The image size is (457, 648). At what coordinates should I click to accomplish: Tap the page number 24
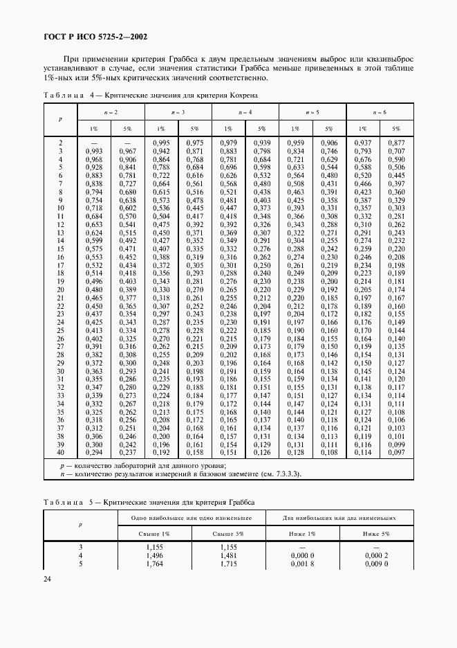[48, 579]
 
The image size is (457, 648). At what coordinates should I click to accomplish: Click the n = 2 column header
[111, 111]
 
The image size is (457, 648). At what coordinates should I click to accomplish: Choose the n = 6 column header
[380, 111]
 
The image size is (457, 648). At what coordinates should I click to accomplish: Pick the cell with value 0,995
[160, 143]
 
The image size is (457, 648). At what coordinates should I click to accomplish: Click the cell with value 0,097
[396, 452]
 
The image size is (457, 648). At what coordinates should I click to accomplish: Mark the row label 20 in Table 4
[61, 289]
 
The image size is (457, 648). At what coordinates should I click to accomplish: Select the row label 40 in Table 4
[61, 452]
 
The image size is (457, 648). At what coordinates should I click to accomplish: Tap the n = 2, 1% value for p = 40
[93, 452]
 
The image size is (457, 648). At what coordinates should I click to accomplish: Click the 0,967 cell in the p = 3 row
[127, 151]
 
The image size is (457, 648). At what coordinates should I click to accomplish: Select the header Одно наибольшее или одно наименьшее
[183, 518]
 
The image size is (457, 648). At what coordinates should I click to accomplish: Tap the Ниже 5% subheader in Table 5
[376, 534]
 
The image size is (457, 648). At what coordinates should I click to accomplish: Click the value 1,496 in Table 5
[155, 556]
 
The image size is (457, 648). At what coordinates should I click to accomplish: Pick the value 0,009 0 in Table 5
[376, 564]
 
